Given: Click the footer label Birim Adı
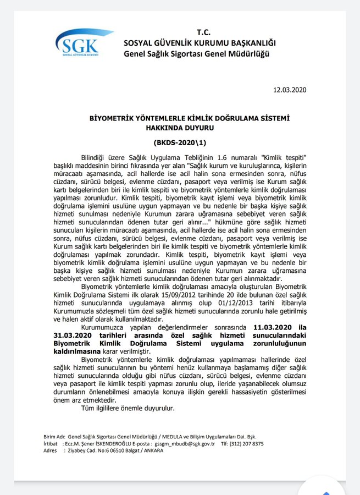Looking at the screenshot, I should (53, 437).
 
